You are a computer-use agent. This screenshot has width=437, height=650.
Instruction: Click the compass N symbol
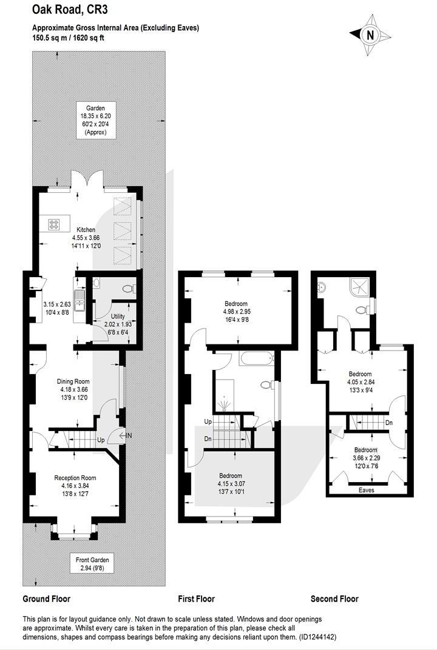click(370, 35)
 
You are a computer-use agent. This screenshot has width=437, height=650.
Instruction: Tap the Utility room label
click(118, 317)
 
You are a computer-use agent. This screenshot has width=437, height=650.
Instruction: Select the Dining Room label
click(73, 381)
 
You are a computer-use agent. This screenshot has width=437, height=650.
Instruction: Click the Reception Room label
click(75, 478)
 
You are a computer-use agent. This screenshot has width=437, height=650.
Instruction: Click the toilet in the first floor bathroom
click(266, 385)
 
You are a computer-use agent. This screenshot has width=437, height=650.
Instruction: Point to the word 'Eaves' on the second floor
click(366, 490)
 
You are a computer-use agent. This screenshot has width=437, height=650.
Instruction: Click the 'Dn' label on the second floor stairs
click(388, 423)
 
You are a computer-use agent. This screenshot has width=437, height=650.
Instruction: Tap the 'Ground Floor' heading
click(47, 598)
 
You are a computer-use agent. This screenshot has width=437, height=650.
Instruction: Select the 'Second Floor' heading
click(334, 598)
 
